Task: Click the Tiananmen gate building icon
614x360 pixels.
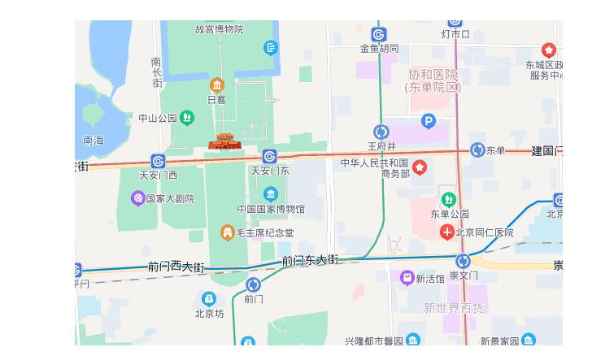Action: (224, 141)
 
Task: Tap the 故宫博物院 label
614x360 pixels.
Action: (219, 29)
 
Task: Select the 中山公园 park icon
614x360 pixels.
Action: (187, 118)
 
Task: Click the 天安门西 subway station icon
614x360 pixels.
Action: (158, 162)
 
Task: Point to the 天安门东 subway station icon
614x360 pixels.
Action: (270, 156)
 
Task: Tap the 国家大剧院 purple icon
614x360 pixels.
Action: (138, 198)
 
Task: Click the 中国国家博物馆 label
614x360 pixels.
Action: (271, 209)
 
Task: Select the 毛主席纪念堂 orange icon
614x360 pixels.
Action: (228, 233)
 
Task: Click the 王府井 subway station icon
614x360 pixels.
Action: (381, 132)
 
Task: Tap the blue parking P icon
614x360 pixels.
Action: (429, 121)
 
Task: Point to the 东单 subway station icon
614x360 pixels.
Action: (477, 150)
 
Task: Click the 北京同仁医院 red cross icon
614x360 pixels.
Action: (446, 232)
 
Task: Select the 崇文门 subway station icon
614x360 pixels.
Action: (463, 261)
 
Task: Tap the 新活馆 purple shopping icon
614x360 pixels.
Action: (407, 278)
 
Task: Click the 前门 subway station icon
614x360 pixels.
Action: (253, 284)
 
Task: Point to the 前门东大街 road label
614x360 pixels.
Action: (310, 261)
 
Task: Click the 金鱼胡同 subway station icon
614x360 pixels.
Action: (379, 34)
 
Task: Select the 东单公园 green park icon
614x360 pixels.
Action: (448, 199)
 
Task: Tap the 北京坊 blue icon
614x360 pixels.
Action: (209, 299)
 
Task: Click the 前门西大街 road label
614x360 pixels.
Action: (176, 267)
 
